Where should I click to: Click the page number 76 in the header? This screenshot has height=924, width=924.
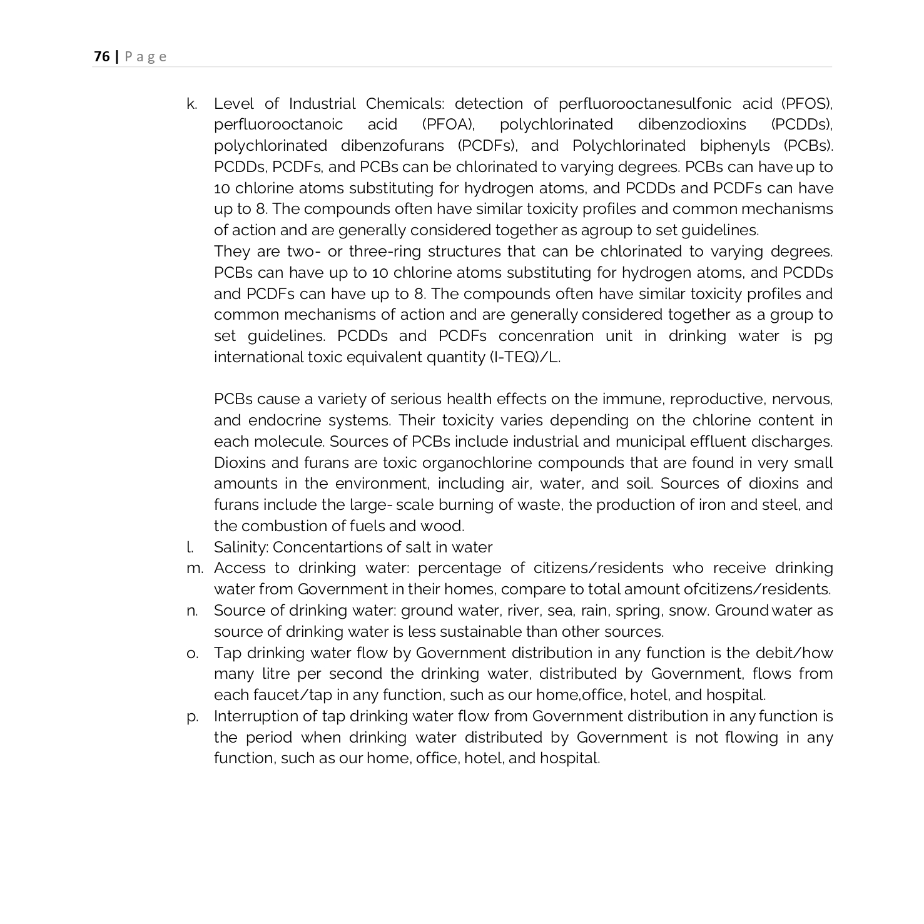[101, 57]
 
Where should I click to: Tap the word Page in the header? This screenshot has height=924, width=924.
[146, 57]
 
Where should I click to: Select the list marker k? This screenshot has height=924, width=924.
[191, 104]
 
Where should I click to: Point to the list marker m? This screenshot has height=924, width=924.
[195, 568]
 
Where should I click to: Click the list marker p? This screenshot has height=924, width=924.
[193, 716]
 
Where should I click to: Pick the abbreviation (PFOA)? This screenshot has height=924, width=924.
[449, 124]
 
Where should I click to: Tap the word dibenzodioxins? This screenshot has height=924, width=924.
[692, 124]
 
